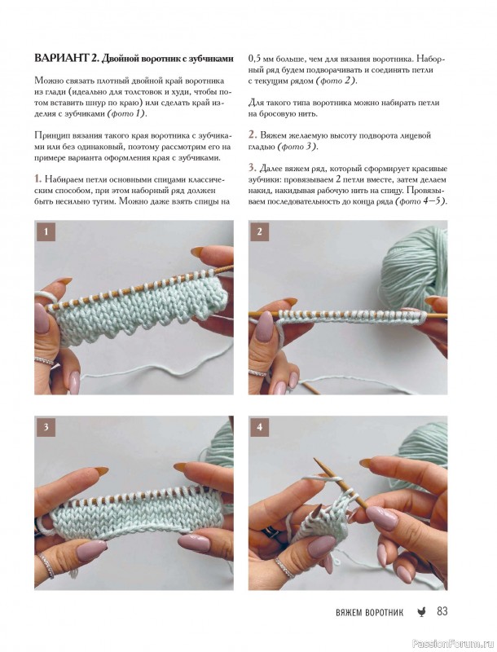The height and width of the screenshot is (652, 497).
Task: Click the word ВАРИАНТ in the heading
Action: [x=60, y=58]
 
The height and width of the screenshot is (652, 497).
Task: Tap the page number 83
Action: [x=442, y=611]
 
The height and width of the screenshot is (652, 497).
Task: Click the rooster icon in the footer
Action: [x=420, y=612]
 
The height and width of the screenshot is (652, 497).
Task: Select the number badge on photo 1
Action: [x=46, y=231]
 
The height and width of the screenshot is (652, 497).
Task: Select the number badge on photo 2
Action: [x=260, y=231]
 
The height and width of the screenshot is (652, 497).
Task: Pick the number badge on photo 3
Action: [x=46, y=427]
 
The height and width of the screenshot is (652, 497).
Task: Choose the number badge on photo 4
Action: [x=260, y=427]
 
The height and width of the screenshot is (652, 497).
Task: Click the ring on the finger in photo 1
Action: [x=44, y=360]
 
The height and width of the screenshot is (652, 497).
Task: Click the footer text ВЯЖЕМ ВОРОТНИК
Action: [x=369, y=612]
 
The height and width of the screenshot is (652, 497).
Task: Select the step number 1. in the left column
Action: [x=38, y=179]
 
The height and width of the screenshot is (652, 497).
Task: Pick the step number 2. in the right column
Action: [x=253, y=134]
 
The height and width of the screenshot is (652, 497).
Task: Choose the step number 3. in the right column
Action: [x=253, y=168]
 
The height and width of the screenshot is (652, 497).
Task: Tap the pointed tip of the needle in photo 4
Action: [x=315, y=459]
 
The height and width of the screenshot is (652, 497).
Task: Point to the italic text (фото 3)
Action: [x=297, y=147]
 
